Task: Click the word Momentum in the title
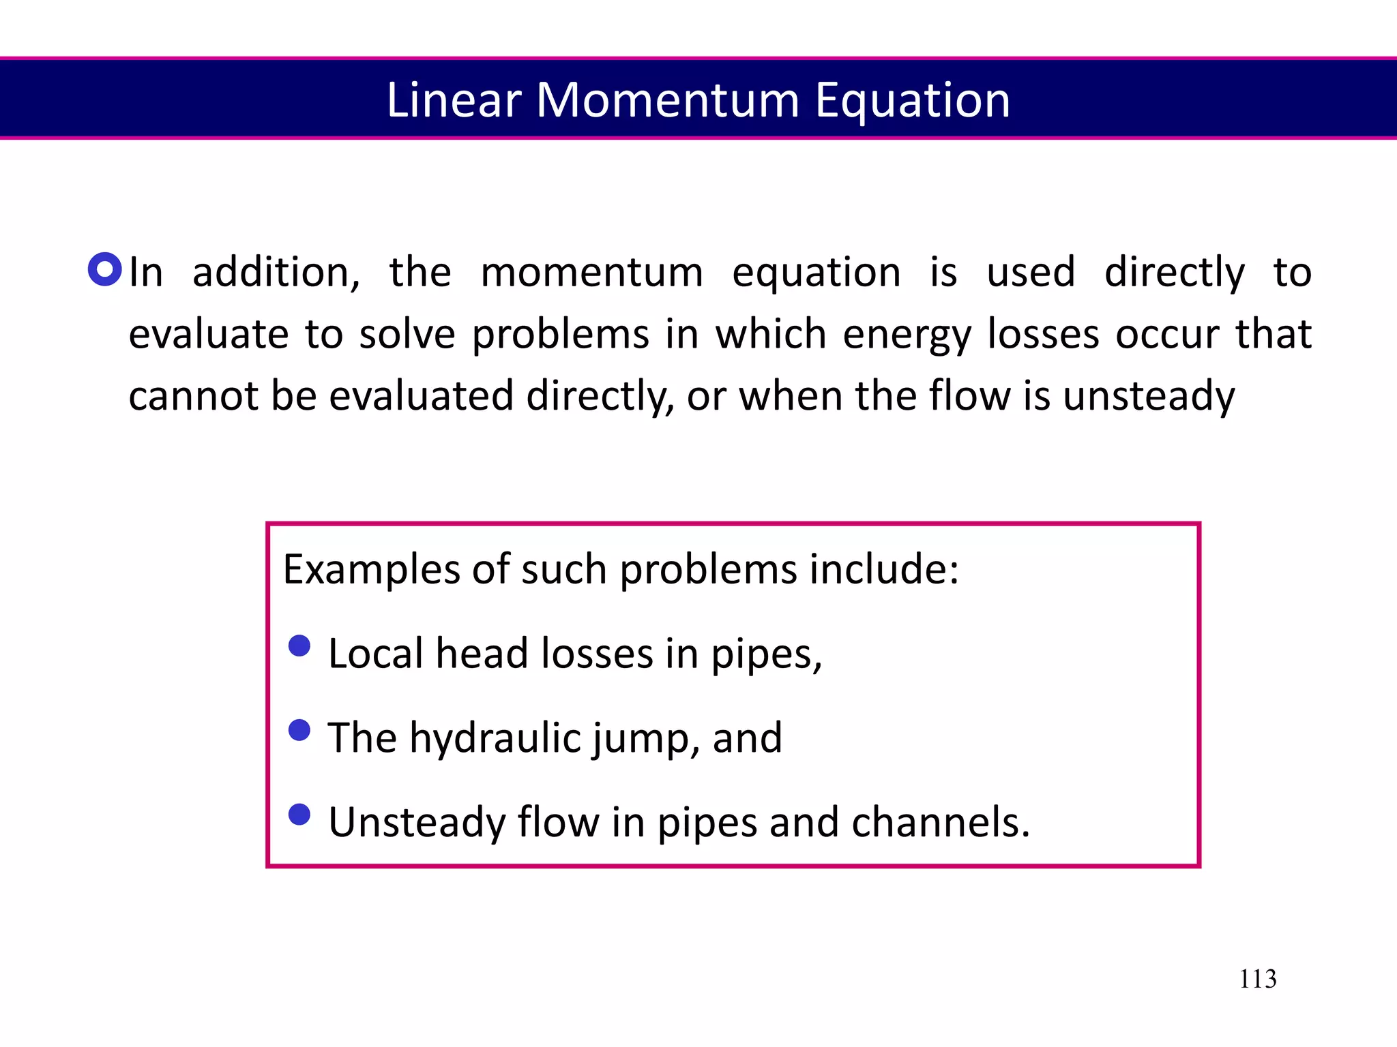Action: [x=667, y=100]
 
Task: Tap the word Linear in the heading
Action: [x=454, y=100]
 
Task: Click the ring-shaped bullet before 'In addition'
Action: [x=105, y=269]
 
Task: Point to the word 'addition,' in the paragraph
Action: [x=276, y=272]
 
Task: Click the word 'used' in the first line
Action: [x=1031, y=272]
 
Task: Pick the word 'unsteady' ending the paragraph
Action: [x=1149, y=396]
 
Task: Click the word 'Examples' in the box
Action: [x=370, y=569]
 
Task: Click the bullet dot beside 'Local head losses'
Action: [x=299, y=646]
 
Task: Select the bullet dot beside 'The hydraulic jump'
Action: [x=299, y=730]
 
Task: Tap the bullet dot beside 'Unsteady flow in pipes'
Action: [x=299, y=814]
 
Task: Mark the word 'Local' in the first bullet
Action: [x=376, y=653]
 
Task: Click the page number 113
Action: [x=1257, y=979]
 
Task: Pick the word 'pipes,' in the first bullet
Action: [x=766, y=654]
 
